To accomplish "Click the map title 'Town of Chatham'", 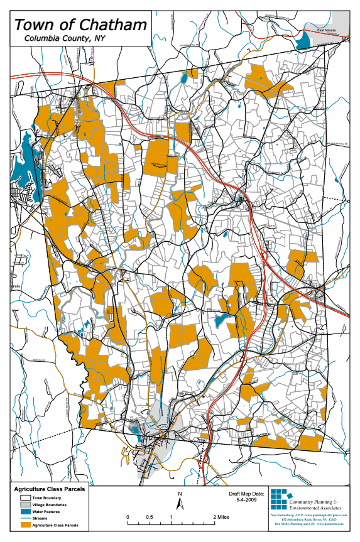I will (80, 25).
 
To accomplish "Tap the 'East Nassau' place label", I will (327, 29).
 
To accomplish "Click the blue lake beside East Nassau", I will (304, 40).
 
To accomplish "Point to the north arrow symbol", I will (180, 501).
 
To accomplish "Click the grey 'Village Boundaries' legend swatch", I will (23, 504).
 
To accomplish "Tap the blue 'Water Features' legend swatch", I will (23, 511).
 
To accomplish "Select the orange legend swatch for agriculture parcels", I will (23, 525).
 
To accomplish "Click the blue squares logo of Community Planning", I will (278, 500).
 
